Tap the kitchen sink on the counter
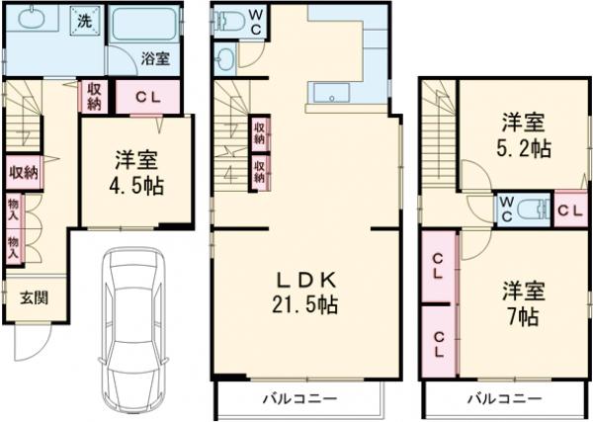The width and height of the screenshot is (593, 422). tap(328, 96)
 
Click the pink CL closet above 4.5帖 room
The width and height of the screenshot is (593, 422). tap(148, 96)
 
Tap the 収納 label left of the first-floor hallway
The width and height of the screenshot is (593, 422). tap(24, 172)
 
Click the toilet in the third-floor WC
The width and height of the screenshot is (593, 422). tap(534, 209)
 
